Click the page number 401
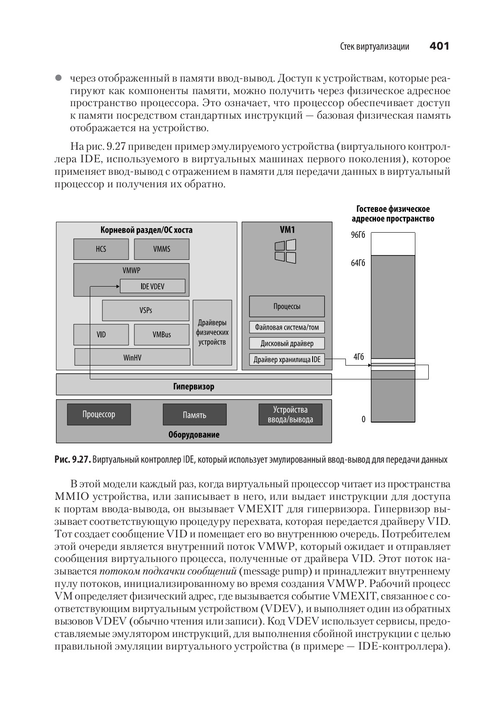pyautogui.click(x=439, y=46)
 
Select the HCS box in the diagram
pyautogui.click(x=101, y=249)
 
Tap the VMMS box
pyautogui.click(x=161, y=249)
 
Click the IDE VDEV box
pyautogui.click(x=152, y=286)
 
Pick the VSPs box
pyautogui.click(x=146, y=310)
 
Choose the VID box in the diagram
pyautogui.click(x=101, y=334)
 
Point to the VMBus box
pyautogui.click(x=161, y=334)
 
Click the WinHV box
pyautogui.click(x=132, y=357)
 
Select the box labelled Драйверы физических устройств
pyautogui.click(x=212, y=332)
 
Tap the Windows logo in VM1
pyautogui.click(x=285, y=252)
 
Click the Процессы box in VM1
pyautogui.click(x=287, y=306)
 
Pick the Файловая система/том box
pyautogui.click(x=287, y=327)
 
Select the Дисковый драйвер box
pyautogui.click(x=287, y=344)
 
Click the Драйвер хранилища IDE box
pyautogui.click(x=287, y=360)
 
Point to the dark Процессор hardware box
pyautogui.click(x=99, y=414)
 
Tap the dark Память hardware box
pyautogui.click(x=194, y=415)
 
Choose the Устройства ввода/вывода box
pyautogui.click(x=290, y=414)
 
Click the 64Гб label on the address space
pyautogui.click(x=358, y=263)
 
